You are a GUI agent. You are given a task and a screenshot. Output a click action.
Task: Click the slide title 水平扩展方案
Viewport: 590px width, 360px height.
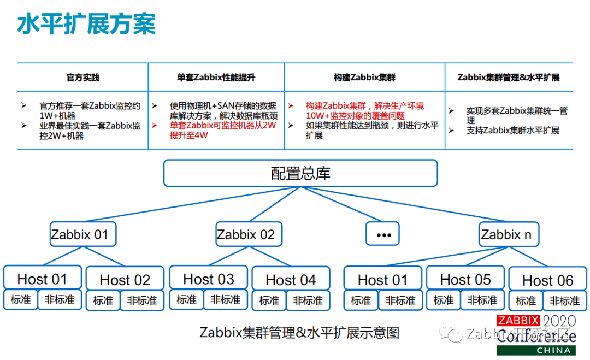coord(87,24)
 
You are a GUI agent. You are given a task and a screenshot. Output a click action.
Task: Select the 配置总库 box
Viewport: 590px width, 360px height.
coord(300,174)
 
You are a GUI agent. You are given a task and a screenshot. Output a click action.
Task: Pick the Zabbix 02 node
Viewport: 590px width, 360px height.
coord(249,235)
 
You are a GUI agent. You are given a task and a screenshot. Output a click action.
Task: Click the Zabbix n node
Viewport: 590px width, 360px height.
coord(509,235)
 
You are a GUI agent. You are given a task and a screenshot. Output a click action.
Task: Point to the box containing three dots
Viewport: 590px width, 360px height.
coord(382,234)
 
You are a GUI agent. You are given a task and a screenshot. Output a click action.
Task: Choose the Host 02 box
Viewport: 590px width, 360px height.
coord(125,280)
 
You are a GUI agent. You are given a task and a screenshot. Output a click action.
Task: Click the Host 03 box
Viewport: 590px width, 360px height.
coord(208,279)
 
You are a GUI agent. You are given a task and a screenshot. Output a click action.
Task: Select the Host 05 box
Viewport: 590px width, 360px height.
coord(465,279)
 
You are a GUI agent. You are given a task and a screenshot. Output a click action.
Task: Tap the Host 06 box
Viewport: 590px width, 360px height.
coord(548,280)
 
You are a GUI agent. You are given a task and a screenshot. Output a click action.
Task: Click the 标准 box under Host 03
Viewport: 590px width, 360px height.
coord(187,300)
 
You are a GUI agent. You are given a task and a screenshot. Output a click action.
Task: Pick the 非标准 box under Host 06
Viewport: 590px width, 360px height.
coord(564,301)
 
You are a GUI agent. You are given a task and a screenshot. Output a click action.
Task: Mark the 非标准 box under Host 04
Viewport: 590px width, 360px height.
coord(308,300)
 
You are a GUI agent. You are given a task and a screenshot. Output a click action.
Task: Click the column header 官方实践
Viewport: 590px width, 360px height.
coord(83,78)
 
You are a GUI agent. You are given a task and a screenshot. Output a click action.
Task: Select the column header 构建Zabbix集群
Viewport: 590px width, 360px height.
coord(364,78)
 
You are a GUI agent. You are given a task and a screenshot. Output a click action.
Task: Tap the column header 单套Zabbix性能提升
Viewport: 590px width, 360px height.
coord(216,78)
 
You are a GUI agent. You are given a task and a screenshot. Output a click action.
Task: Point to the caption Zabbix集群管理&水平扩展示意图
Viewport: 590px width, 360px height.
coord(299,332)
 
